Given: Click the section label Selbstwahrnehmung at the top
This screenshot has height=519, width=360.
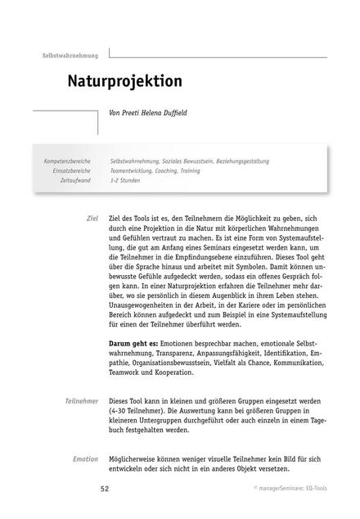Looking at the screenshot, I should pos(70,56).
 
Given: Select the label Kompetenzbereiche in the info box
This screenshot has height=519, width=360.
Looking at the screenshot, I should pos(67,161).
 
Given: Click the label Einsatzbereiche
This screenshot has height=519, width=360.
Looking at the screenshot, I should pos(72,170).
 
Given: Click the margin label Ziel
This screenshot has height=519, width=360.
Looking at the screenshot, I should pos(92,220).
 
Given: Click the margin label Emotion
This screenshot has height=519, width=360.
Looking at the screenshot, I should pos(85,459).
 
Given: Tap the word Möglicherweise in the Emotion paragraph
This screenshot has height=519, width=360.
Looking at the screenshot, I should pos(139,459).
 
